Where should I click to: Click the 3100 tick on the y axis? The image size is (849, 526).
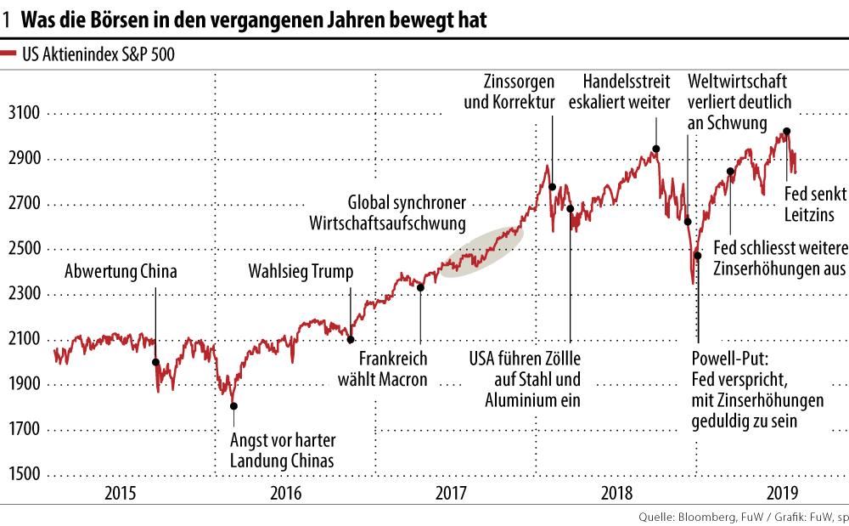[x=25, y=114]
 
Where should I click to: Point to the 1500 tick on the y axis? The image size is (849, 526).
[x=25, y=475]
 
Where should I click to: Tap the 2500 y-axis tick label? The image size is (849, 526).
[x=25, y=250]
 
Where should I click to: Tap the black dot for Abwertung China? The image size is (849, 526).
[x=155, y=362]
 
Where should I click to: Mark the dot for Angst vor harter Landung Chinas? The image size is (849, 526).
[x=234, y=406]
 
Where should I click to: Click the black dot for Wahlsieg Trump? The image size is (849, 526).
[x=351, y=339]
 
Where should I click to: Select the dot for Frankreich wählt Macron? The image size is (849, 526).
[x=420, y=287]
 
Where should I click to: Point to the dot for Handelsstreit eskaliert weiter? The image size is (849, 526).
[x=655, y=149]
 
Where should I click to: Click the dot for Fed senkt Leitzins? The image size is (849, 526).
[x=787, y=131]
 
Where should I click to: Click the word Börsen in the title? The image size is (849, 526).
[x=109, y=20]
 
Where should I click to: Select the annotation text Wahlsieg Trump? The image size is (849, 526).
[x=300, y=273]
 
